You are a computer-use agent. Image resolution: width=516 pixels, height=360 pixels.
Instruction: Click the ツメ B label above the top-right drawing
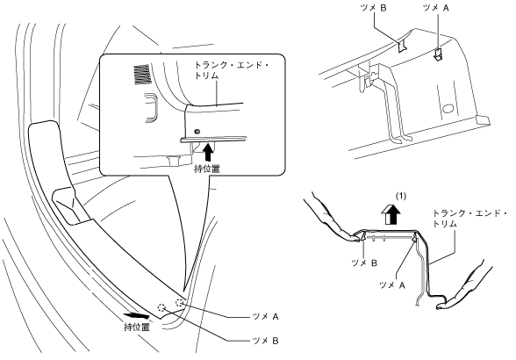click(x=374, y=8)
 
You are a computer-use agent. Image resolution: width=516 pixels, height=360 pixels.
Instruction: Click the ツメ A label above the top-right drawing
click(x=435, y=8)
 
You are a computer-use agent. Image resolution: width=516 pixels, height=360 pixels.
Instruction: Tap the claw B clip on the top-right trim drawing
click(x=402, y=47)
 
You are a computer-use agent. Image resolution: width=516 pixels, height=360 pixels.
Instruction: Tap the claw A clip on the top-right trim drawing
click(x=437, y=54)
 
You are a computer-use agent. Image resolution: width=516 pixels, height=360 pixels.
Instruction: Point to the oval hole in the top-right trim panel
click(x=448, y=108)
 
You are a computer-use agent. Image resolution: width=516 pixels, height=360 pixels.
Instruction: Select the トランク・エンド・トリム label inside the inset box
click(x=230, y=70)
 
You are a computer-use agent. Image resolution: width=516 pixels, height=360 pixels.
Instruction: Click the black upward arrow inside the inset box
click(x=208, y=152)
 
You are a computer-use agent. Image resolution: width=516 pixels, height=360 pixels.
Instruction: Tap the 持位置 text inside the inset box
click(x=207, y=169)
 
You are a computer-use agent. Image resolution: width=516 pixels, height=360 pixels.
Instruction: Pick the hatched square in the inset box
click(x=141, y=75)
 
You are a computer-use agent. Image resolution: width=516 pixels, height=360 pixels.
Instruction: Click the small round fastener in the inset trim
click(x=197, y=132)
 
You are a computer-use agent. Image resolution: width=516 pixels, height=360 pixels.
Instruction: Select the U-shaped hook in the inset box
click(x=151, y=108)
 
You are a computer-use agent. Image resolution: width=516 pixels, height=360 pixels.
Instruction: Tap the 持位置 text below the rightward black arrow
click(x=137, y=327)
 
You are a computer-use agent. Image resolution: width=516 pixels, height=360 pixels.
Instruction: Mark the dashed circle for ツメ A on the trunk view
click(x=180, y=302)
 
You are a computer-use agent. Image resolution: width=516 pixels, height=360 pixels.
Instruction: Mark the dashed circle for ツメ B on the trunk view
click(x=161, y=307)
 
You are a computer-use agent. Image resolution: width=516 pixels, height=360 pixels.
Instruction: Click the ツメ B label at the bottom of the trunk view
click(x=265, y=341)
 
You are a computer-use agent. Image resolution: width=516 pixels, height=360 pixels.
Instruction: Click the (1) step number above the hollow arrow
click(x=400, y=197)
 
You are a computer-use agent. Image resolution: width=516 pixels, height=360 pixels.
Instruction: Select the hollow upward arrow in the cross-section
click(x=391, y=214)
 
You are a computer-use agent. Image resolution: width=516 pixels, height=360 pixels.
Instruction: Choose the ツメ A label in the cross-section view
click(x=392, y=285)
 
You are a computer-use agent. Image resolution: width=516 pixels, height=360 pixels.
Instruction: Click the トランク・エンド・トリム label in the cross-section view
click(x=470, y=219)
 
